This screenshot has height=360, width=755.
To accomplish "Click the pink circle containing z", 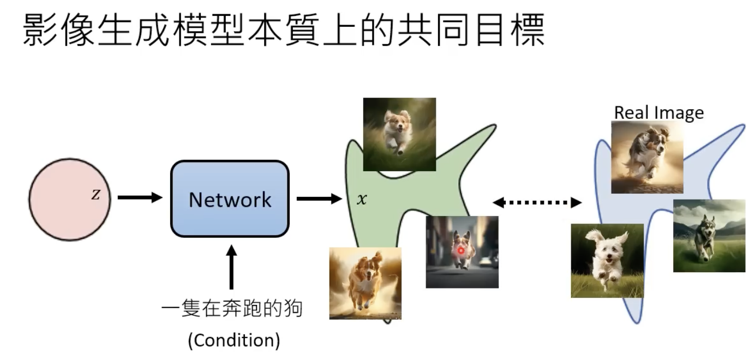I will [x=69, y=200].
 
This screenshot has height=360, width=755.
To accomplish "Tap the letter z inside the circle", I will [x=95, y=195].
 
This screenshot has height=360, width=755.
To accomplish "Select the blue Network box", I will [x=230, y=199].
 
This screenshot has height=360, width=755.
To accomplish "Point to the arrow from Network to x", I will [x=319, y=199].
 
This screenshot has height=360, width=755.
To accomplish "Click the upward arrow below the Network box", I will [x=231, y=267].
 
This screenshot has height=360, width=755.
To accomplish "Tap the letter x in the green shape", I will [x=362, y=200].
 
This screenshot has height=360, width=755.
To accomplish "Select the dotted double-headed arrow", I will [x=537, y=203].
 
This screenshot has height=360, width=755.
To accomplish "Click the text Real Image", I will [x=659, y=112].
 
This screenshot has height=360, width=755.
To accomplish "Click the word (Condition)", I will [x=233, y=340].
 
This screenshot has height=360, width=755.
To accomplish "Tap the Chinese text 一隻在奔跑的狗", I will [x=231, y=309].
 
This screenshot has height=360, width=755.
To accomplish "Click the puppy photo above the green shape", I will [x=399, y=134].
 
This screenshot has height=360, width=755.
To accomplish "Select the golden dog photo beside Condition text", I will [x=365, y=283].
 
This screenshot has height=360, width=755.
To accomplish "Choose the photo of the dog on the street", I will [x=462, y=252].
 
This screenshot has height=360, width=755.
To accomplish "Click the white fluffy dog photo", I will [x=607, y=260].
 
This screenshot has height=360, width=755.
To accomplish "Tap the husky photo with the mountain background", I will [x=709, y=236].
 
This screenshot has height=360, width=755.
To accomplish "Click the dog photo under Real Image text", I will [x=647, y=157].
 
